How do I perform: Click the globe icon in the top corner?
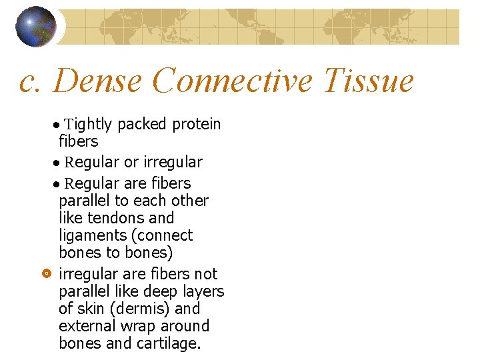tap(36, 26)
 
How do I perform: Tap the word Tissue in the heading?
tap(368, 81)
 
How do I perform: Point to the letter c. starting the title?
tap(31, 81)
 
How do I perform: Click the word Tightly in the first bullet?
tap(89, 125)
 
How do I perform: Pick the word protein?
tap(197, 124)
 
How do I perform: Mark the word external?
tap(84, 326)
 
